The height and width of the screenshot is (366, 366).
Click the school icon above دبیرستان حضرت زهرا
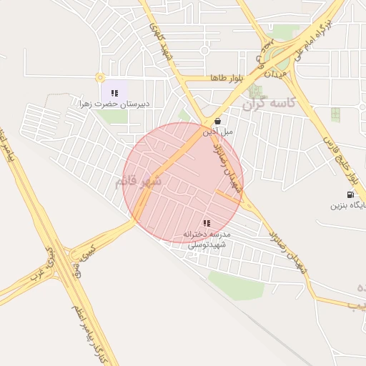click(114, 92)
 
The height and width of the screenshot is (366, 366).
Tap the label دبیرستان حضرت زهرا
click(114, 104)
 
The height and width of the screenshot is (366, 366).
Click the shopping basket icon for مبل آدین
click(217, 121)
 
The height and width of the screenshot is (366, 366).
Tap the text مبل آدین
click(217, 132)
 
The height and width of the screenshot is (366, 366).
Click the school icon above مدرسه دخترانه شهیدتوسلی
click(207, 223)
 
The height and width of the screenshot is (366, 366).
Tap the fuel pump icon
click(350, 194)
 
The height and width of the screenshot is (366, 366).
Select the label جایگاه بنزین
click(348, 206)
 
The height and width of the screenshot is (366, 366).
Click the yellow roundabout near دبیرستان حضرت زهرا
click(99, 76)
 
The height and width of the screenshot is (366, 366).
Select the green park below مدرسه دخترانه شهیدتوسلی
click(236, 284)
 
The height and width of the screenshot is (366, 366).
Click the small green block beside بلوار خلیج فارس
click(335, 114)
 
